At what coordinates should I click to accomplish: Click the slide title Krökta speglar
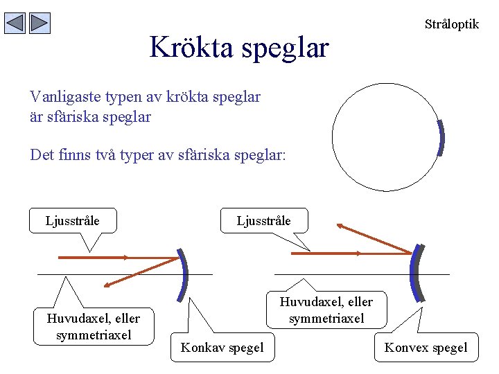click(239, 47)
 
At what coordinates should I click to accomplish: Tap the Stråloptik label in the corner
click(451, 24)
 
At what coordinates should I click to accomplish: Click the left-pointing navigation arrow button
click(15, 24)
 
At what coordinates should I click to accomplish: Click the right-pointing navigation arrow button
click(40, 24)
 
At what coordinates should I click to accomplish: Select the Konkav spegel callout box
click(222, 347)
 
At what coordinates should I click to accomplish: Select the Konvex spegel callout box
click(426, 347)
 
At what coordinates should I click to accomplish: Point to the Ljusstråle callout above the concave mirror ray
click(72, 221)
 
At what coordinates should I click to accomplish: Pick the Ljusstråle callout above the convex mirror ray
click(263, 221)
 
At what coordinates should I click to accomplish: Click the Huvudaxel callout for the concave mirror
click(93, 327)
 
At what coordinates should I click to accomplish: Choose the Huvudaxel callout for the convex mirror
click(326, 310)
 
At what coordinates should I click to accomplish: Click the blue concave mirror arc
click(184, 271)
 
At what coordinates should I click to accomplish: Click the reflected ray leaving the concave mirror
click(142, 271)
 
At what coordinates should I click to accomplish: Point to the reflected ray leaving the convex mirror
click(374, 238)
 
